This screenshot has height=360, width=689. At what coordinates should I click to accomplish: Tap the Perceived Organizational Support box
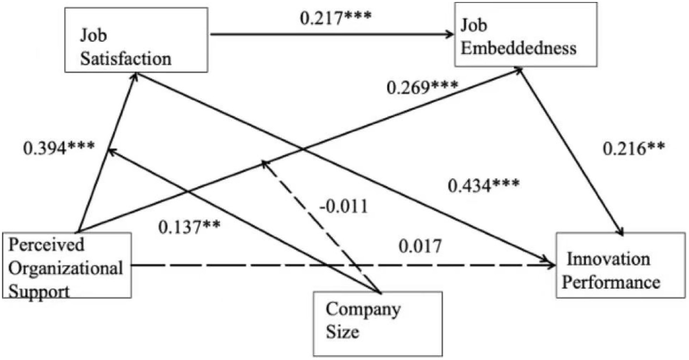point(66,265)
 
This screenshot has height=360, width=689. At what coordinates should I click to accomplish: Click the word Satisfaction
point(125,58)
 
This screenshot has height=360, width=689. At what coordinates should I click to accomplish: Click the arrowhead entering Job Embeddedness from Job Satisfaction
point(449,34)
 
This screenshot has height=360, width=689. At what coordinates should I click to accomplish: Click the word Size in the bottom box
point(342,331)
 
